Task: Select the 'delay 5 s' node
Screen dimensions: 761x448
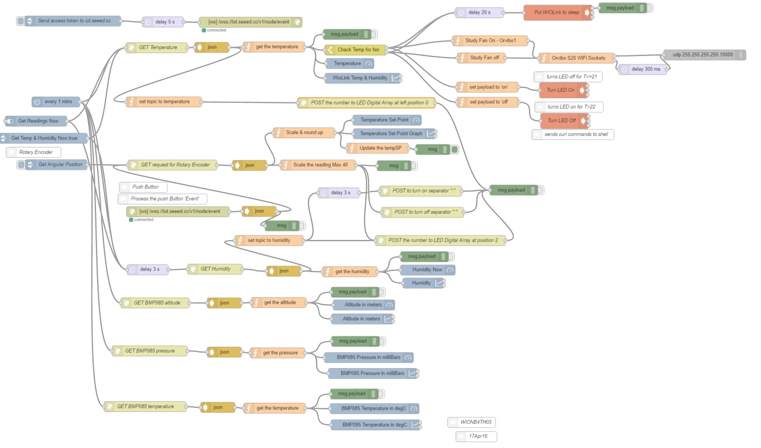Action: (x=163, y=22)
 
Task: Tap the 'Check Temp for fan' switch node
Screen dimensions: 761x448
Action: (x=355, y=50)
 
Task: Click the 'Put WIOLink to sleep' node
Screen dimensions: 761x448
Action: (x=558, y=13)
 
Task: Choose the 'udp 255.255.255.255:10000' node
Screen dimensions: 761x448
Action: (x=704, y=55)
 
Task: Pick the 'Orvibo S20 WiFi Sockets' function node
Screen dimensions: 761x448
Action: (x=577, y=58)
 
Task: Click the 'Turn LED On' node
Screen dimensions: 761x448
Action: (x=563, y=90)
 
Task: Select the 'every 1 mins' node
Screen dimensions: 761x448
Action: (x=56, y=102)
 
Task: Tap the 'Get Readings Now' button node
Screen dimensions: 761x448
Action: (x=36, y=121)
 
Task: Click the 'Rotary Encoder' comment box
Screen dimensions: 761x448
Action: (x=34, y=152)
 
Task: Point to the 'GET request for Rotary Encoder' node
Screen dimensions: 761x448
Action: (x=173, y=165)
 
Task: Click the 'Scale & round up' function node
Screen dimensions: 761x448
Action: (x=304, y=133)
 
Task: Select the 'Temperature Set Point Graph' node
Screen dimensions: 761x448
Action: (x=394, y=134)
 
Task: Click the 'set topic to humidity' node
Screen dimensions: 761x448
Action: (x=269, y=241)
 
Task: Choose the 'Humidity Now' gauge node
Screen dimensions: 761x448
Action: (x=428, y=270)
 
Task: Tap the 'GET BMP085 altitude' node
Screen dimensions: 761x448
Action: (x=155, y=303)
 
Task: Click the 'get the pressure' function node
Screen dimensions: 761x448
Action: (x=278, y=353)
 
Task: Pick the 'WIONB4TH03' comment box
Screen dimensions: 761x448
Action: (x=471, y=422)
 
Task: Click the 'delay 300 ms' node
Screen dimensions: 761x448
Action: (x=643, y=69)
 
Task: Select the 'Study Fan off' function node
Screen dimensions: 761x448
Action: (x=481, y=58)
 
